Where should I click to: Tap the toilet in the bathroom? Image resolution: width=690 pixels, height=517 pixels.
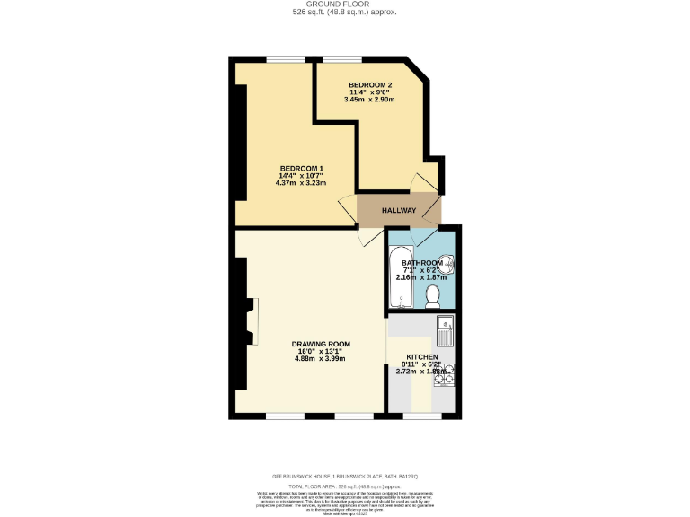pos(432,294)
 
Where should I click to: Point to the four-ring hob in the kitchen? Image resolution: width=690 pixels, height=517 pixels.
pos(444,372)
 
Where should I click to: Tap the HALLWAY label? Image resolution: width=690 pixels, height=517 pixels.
pos(399,211)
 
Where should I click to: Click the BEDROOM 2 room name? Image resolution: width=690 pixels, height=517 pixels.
pos(370,84)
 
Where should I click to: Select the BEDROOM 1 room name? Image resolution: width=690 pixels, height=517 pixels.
pos(301,169)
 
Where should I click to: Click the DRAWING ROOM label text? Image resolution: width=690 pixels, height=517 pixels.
pos(320,344)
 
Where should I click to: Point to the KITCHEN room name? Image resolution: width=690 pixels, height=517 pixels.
pos(421,356)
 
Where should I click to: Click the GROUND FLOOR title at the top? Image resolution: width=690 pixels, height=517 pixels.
pos(345,4)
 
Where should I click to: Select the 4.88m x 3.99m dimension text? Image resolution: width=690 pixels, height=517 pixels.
pos(320,358)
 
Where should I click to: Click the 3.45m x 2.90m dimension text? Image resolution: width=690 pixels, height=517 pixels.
pos(370,99)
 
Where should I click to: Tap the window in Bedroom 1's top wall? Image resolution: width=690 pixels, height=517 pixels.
pos(285,60)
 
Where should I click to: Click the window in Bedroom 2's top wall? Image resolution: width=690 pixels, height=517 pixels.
pos(343,60)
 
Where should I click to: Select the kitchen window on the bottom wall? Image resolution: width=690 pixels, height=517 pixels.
pos(421,416)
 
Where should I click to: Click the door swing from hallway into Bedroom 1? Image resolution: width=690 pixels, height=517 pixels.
pos(348,208)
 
